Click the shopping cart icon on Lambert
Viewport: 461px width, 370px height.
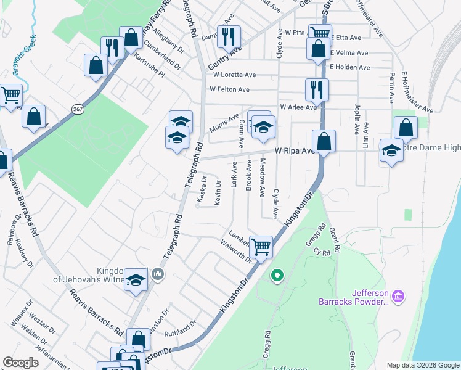[262, 246]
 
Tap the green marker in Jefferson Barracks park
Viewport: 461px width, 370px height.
[277, 276]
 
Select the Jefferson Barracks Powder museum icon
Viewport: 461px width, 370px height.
[398, 297]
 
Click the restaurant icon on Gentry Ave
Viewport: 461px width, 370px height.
[229, 37]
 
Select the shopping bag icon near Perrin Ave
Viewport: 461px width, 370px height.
[406, 128]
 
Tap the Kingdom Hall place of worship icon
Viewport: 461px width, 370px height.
[158, 273]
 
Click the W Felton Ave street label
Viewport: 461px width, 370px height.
[229, 89]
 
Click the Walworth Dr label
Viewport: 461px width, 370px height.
[237, 251]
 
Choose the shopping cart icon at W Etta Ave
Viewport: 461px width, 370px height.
[320, 34]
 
